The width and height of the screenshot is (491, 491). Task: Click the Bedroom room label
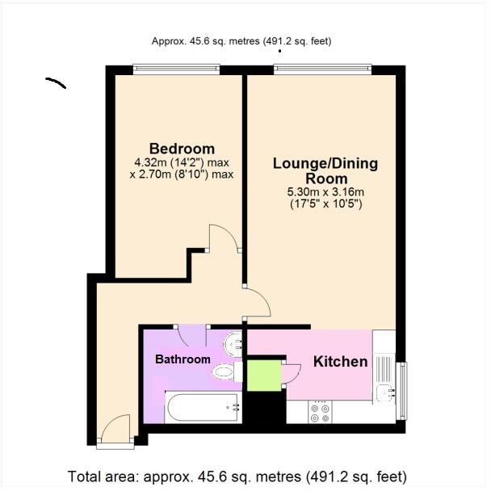coord(182,149)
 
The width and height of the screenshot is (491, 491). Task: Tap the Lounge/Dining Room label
coord(325,170)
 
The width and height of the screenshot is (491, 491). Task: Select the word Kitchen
coord(340,361)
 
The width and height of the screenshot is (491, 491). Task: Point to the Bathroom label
coord(183,359)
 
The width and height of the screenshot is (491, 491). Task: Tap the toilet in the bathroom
coord(222,371)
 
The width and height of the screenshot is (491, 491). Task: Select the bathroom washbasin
coord(233,345)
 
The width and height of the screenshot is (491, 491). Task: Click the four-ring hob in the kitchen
coord(320,413)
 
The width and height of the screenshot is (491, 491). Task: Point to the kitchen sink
coord(385,393)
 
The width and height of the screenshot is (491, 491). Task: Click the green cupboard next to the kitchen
coord(262,375)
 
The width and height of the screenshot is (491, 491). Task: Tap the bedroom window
coord(176,70)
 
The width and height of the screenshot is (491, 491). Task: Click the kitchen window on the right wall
coord(402,391)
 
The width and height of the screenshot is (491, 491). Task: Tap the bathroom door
coord(192,335)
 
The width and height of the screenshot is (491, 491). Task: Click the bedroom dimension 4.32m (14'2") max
coord(182,162)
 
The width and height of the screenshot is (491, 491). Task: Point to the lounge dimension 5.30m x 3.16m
coord(326,192)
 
